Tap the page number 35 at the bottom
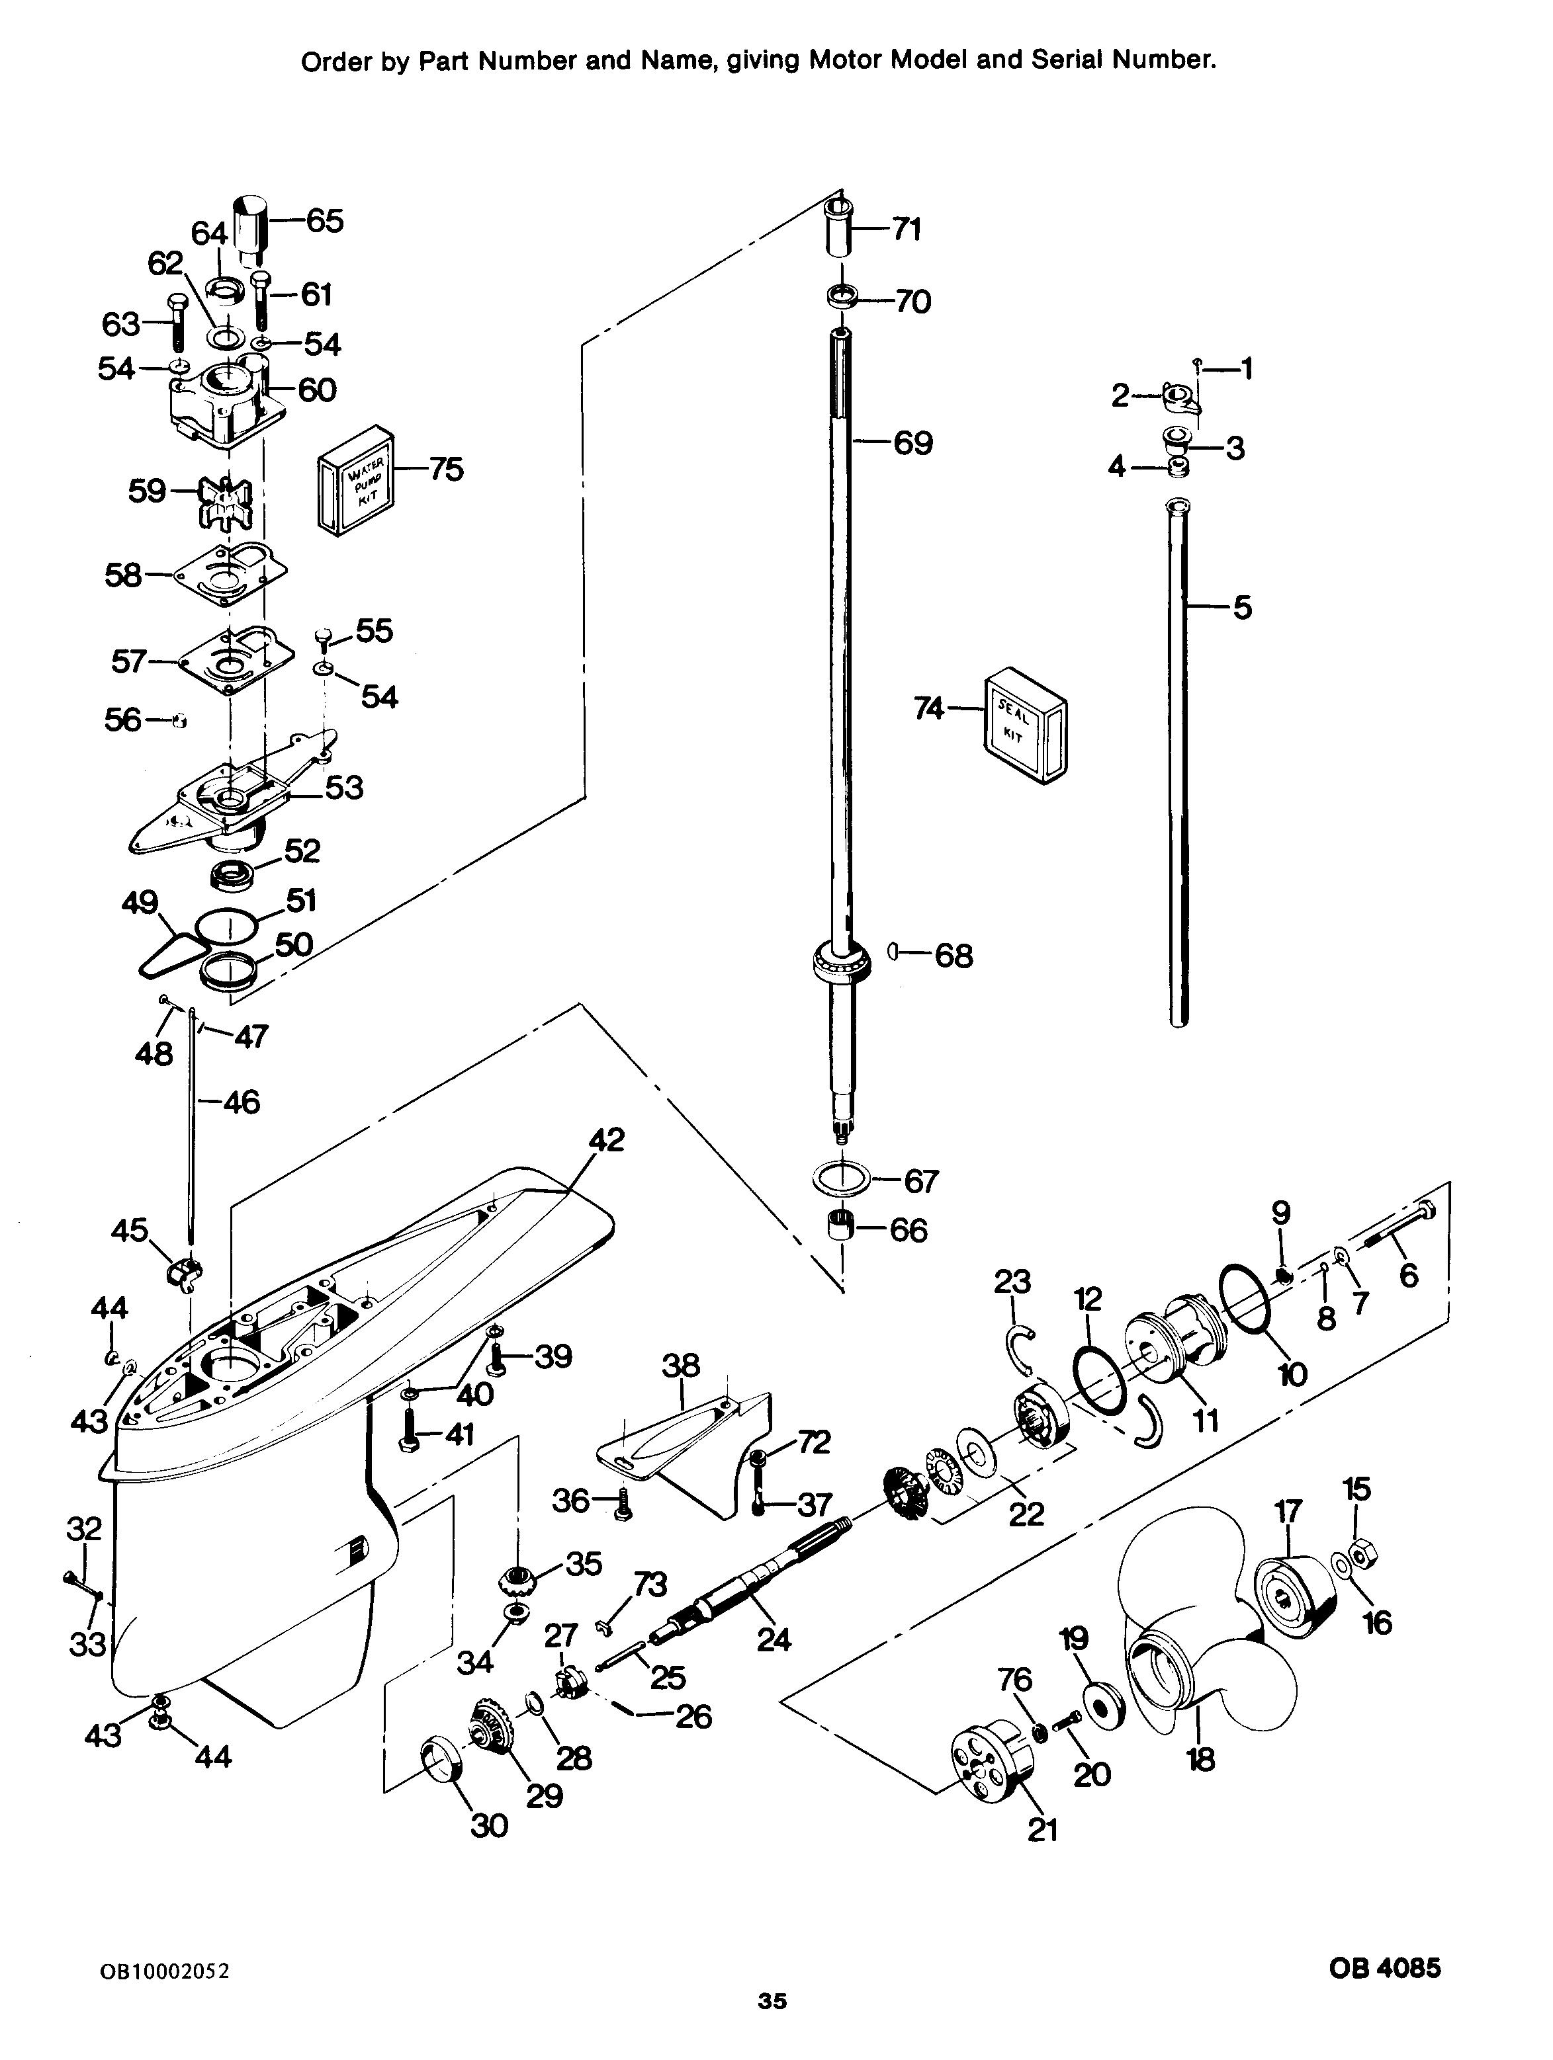[x=772, y=2026]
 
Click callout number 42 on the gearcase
[x=607, y=1139]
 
